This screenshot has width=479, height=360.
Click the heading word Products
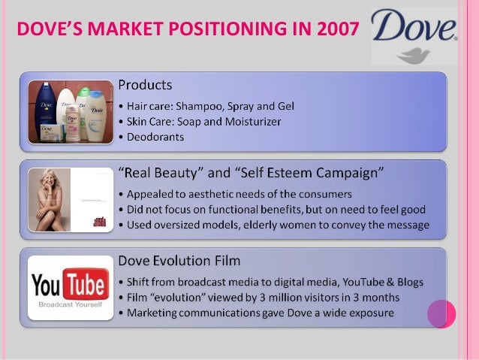coord(145,84)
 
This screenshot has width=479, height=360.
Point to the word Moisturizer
coord(250,122)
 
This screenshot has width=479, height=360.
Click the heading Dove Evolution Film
coord(179,261)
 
